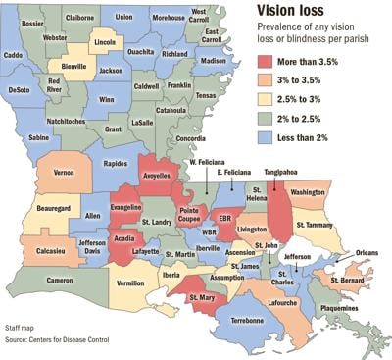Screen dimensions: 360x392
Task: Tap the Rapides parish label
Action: point(116,164)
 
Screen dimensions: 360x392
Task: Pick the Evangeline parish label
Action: point(126,208)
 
